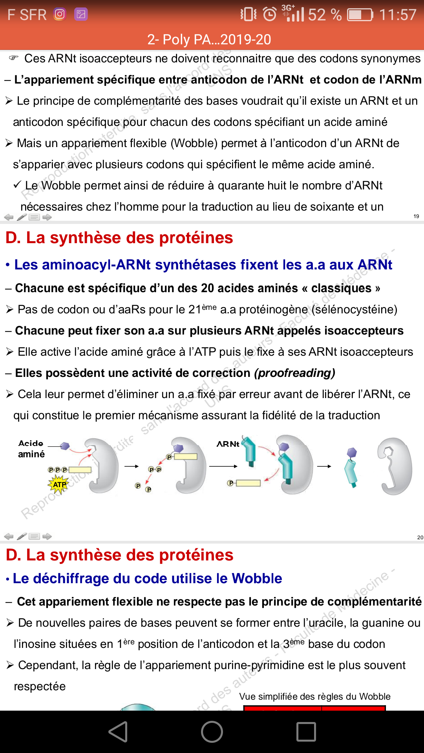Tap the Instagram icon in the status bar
point(60,15)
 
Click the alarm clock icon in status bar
point(269,15)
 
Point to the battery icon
point(360,15)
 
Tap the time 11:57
point(398,15)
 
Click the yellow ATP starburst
point(59,484)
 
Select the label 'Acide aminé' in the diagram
point(31,449)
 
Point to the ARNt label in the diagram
point(228,444)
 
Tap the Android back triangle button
point(118,732)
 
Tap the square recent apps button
point(306,732)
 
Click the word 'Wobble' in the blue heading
point(257,578)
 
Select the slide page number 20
point(420,537)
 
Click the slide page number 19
point(416,216)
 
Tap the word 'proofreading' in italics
point(294,373)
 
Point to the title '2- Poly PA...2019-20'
point(209,40)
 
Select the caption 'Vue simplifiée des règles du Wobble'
point(314,697)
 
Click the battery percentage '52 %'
point(325,15)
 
